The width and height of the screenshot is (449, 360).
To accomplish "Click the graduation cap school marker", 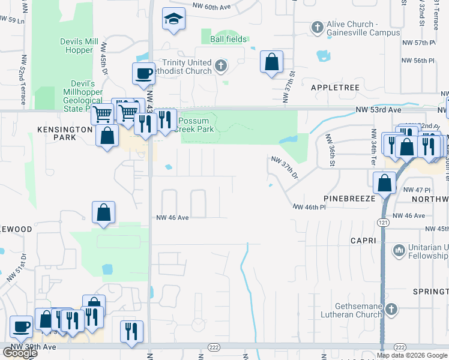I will tap(173, 19).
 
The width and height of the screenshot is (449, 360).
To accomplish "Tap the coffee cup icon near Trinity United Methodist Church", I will tap(143, 73).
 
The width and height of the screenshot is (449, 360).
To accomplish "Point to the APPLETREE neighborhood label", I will tap(335, 88).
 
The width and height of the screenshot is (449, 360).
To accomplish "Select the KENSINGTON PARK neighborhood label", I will tap(57, 133).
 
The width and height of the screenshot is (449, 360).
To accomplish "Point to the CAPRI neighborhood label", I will tap(364, 241).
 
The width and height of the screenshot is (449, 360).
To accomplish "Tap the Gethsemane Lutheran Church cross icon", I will tap(391, 310).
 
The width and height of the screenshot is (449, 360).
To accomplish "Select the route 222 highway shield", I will tap(214, 347).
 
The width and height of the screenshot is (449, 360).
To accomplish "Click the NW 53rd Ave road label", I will tap(377, 110).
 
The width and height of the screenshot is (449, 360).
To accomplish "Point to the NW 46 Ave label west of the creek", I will tap(173, 218).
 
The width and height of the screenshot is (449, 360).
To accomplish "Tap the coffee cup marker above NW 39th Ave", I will tap(22, 327).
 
